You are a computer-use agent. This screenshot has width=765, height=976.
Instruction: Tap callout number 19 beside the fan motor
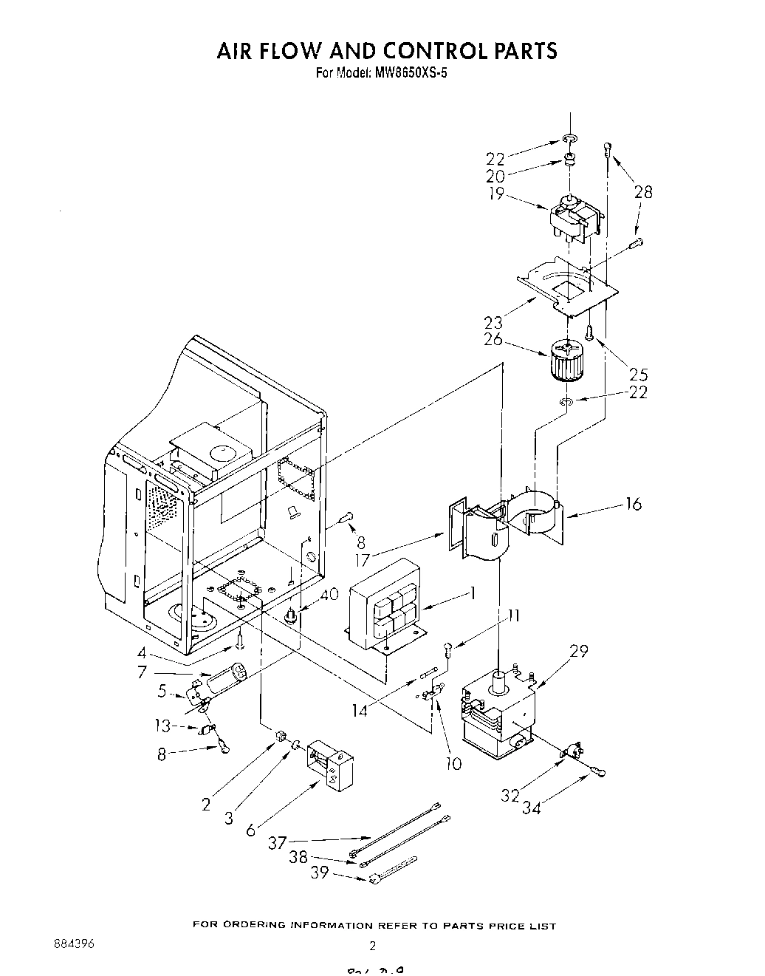click(495, 194)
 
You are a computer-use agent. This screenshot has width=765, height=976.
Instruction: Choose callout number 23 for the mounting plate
click(493, 322)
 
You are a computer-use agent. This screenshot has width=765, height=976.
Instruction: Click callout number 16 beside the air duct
click(633, 505)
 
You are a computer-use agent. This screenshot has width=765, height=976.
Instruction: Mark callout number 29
click(578, 650)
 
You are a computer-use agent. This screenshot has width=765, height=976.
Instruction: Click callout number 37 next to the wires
click(278, 843)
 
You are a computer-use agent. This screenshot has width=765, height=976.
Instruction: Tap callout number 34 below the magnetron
click(531, 808)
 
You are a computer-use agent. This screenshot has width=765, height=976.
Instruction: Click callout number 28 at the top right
click(643, 192)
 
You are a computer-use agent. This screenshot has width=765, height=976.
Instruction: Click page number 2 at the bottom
click(373, 946)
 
